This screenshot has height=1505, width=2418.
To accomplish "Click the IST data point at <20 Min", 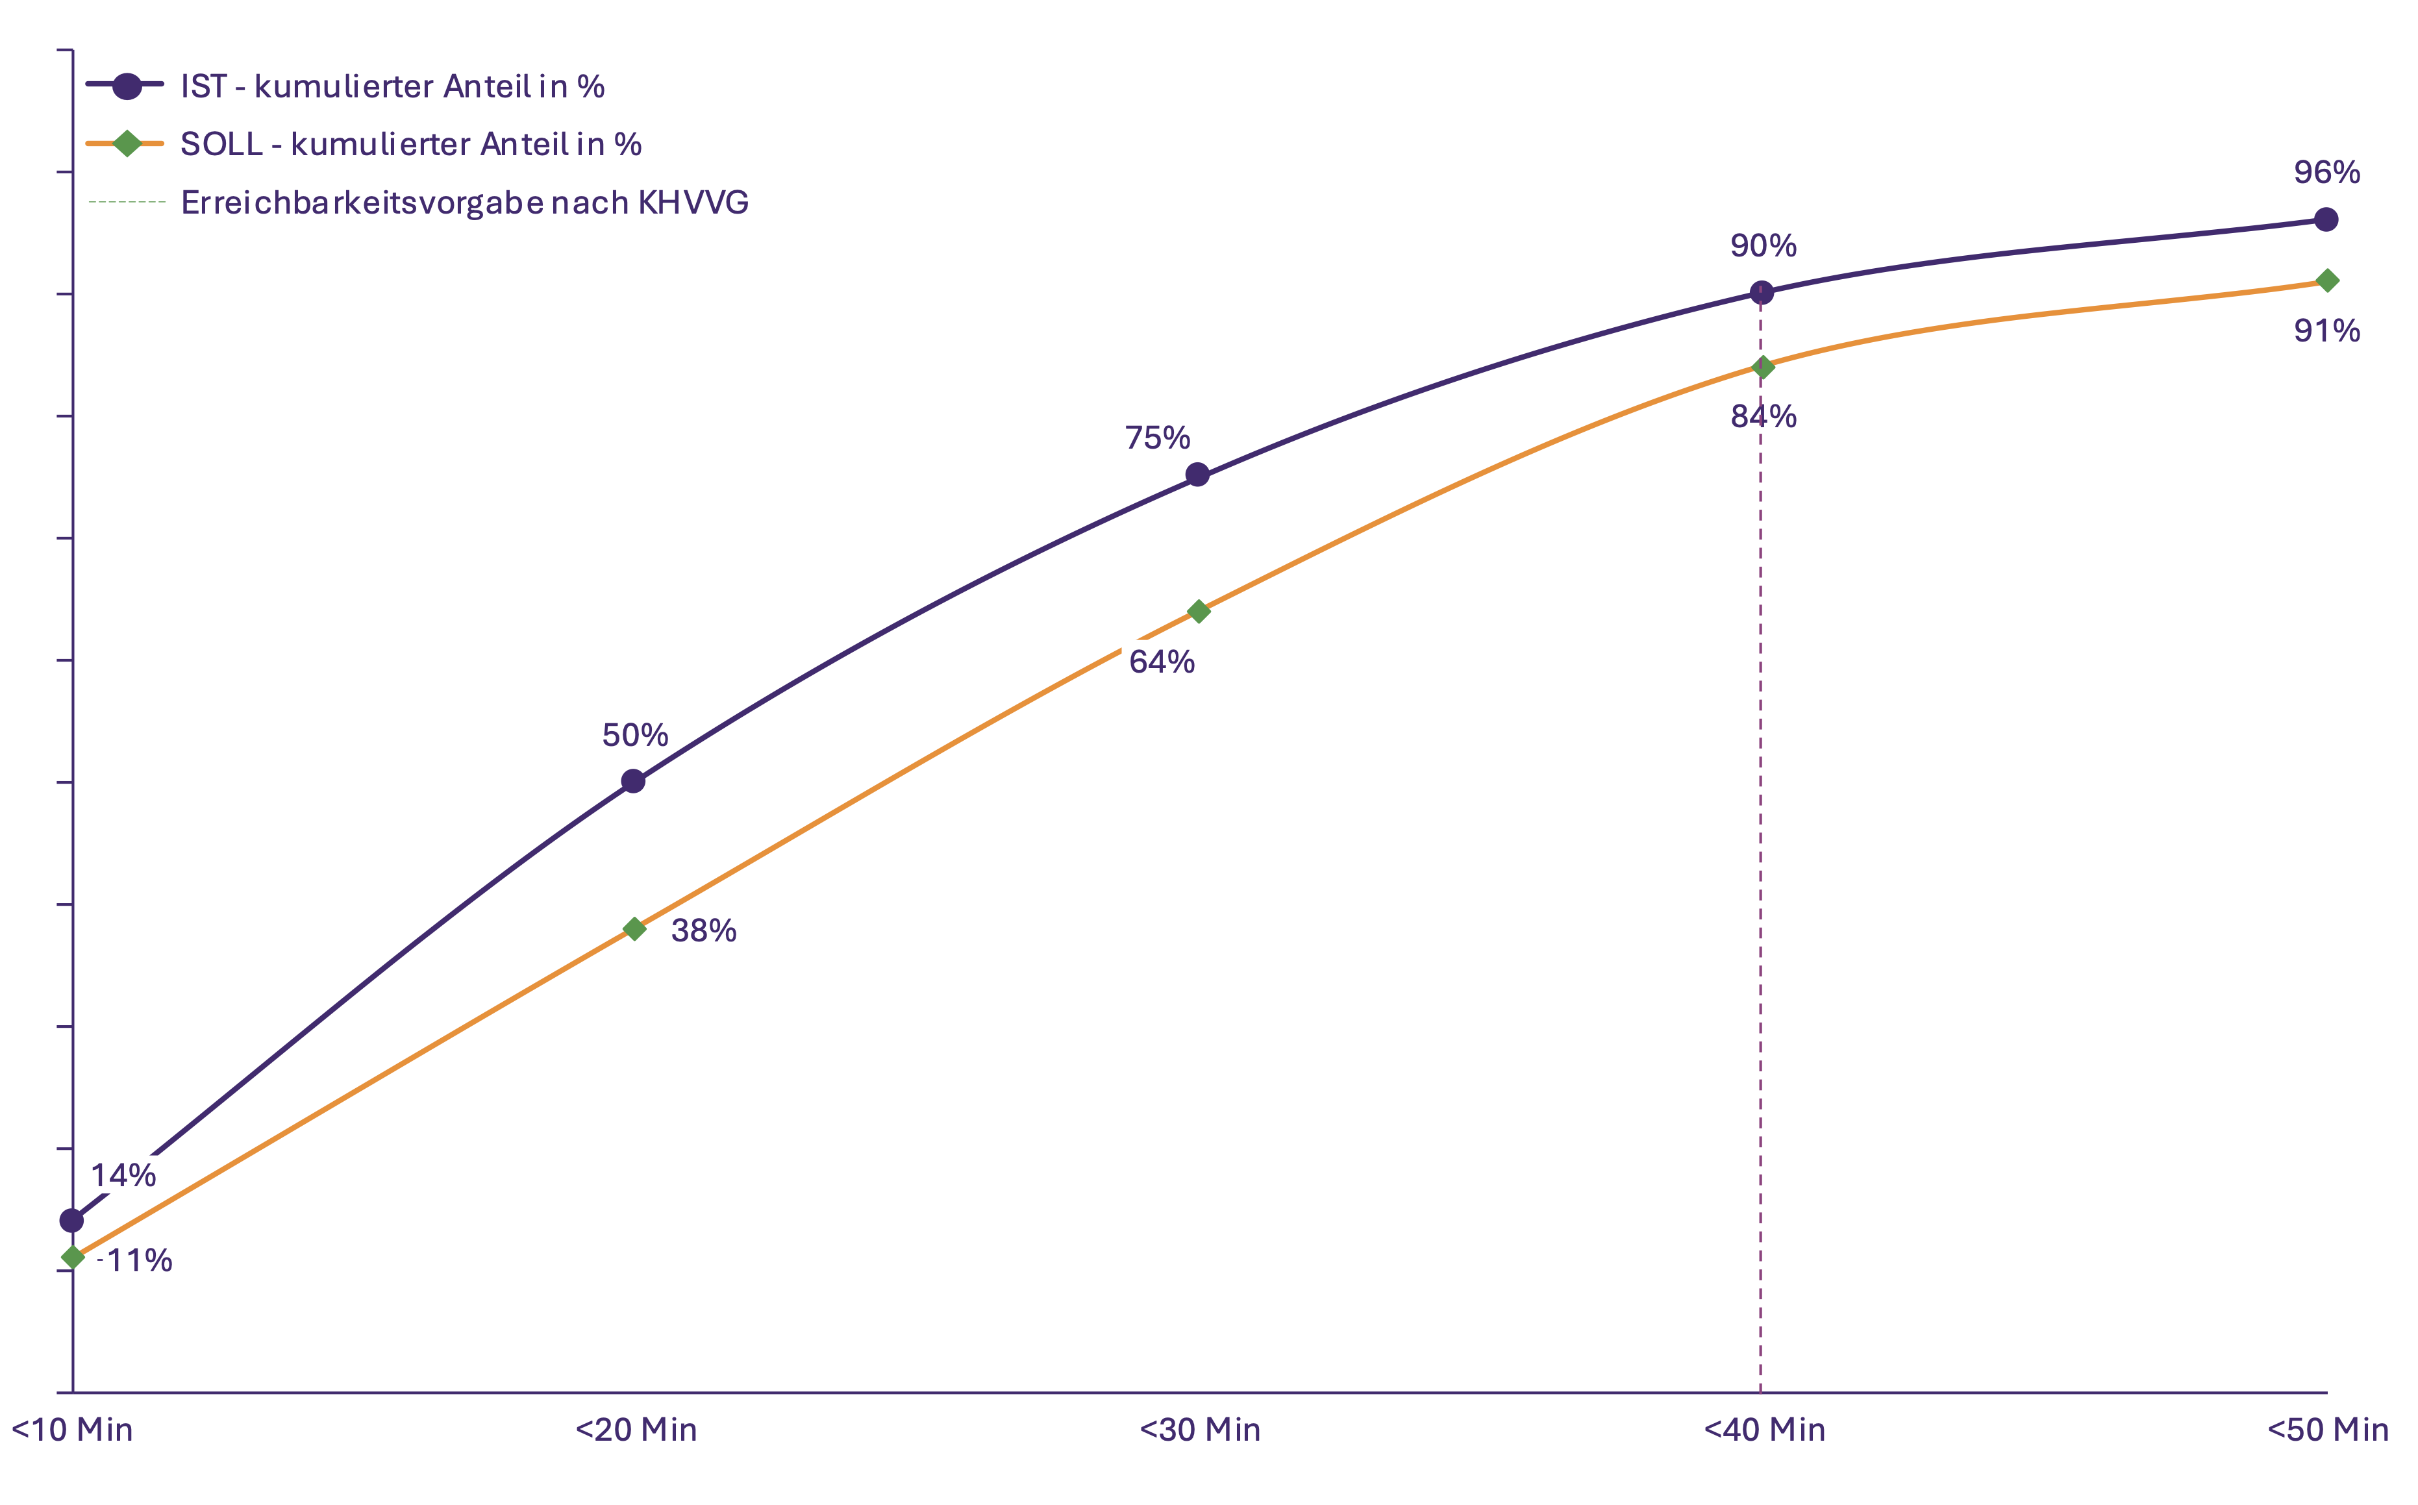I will click(x=633, y=781).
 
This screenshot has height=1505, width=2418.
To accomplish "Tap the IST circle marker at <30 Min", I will click(x=1197, y=475).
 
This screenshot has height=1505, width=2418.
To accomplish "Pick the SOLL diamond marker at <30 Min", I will click(x=1199, y=611).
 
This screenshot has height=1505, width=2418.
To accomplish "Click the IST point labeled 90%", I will click(x=1762, y=293).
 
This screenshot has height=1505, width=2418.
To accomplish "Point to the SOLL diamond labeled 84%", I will click(x=1763, y=367).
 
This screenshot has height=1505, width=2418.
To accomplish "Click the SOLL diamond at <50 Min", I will click(x=2327, y=280).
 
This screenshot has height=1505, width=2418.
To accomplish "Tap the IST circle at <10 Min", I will click(x=71, y=1221).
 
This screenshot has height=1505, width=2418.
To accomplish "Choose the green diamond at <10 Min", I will click(x=73, y=1258).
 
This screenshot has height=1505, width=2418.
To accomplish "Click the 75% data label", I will click(x=1158, y=438).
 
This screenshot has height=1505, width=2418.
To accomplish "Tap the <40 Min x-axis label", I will click(x=1764, y=1430).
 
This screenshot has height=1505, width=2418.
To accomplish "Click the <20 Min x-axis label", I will click(x=636, y=1430).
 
